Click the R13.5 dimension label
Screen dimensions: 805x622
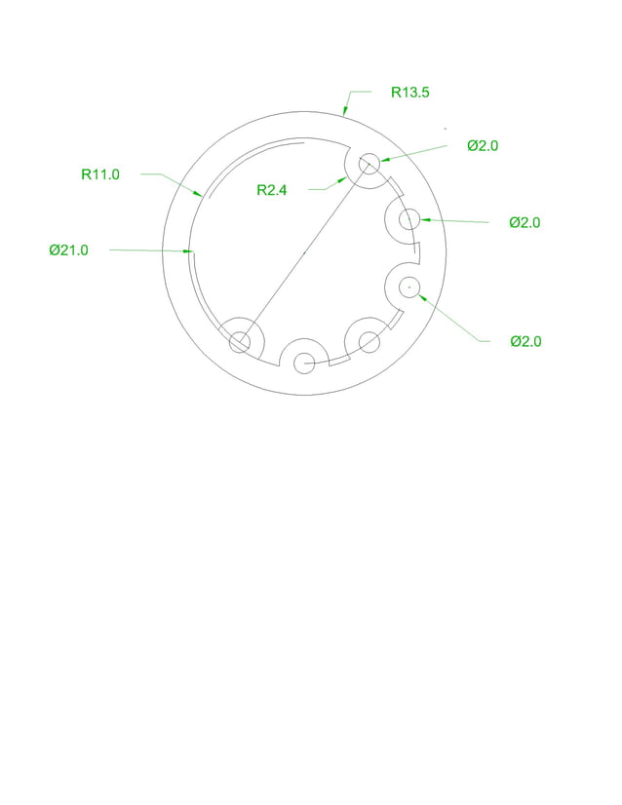410,93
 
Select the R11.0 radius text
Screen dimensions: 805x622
100,174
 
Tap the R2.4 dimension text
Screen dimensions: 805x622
272,190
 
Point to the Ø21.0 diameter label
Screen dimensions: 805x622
69,250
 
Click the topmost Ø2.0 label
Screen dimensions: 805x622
483,145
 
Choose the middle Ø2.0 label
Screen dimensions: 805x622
525,222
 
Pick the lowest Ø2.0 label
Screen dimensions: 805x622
525,341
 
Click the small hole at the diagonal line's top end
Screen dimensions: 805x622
369,163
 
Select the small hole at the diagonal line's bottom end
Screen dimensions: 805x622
239,341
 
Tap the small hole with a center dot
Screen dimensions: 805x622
408,287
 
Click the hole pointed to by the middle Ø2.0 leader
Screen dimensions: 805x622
408,218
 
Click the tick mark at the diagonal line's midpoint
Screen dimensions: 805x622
304,251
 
